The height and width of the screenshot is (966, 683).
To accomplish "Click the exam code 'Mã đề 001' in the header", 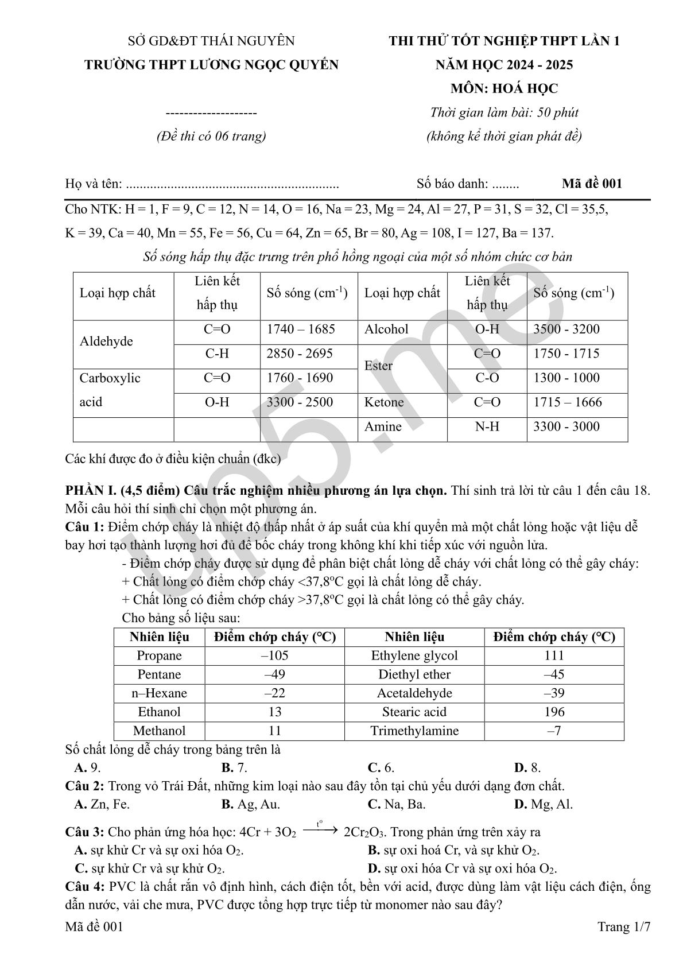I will [x=592, y=184].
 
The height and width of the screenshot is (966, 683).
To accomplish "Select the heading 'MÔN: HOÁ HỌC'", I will [x=504, y=88].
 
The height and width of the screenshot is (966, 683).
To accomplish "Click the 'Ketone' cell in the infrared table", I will [x=384, y=402].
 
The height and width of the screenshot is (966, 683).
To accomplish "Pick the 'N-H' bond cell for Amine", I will [x=487, y=426].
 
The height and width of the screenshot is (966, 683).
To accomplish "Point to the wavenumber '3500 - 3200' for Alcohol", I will [x=566, y=329].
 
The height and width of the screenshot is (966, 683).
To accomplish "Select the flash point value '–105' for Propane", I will [x=274, y=655].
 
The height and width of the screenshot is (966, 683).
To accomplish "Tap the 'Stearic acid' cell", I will [x=414, y=712].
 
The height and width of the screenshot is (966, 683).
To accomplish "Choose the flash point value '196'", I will [x=554, y=712].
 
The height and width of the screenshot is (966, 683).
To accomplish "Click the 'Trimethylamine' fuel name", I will [x=414, y=731].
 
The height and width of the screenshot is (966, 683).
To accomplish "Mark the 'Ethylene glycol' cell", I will [x=414, y=655].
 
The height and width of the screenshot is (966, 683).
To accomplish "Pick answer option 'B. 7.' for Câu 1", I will [x=234, y=767].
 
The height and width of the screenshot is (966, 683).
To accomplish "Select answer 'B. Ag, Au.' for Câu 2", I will [x=251, y=804].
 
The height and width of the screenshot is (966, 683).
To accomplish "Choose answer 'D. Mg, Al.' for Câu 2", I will [x=543, y=804].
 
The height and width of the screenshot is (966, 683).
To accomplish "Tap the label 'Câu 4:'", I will [x=84, y=886].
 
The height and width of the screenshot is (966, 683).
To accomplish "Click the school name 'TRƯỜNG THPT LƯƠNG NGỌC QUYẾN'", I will [x=211, y=65].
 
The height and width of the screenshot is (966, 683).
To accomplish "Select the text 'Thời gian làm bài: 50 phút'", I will [x=504, y=112].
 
